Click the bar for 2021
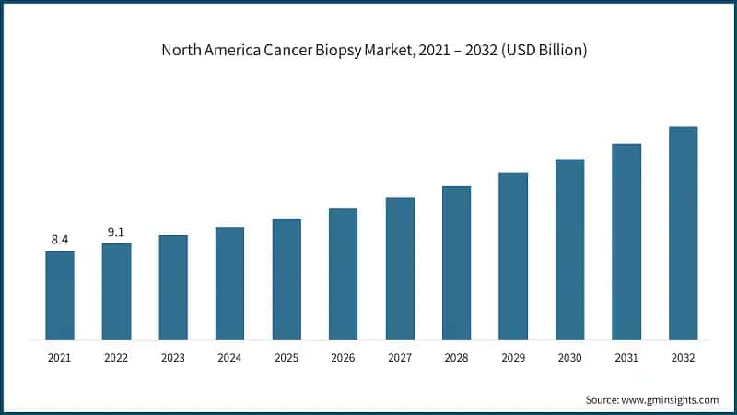(60, 295)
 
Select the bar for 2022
(116, 291)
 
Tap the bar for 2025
(287, 279)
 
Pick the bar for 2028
(456, 263)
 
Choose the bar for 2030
(569, 249)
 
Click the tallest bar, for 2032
(683, 233)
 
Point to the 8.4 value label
(60, 240)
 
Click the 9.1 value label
(116, 232)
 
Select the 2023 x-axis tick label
(173, 357)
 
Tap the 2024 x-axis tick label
(229, 357)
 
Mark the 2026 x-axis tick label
(343, 357)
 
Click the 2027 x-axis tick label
(400, 357)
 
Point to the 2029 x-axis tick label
(513, 357)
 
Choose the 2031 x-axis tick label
(626, 357)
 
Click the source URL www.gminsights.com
(672, 399)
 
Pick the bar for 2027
(400, 268)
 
